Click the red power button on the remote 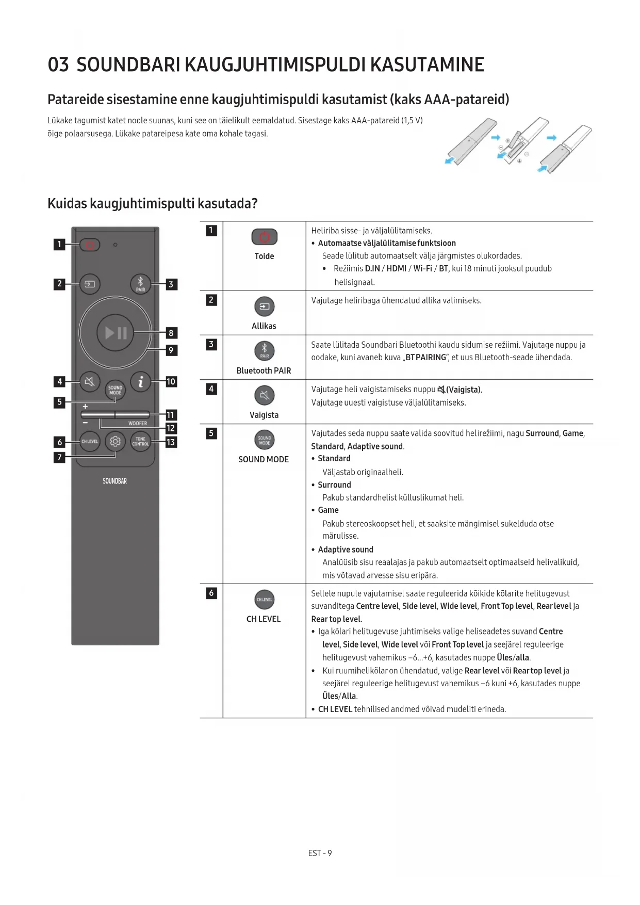(90, 245)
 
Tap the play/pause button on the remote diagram (116, 333)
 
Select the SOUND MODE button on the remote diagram (115, 390)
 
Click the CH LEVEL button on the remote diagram (90, 442)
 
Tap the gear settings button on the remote (115, 442)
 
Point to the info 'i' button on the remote (140, 382)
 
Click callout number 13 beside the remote (171, 442)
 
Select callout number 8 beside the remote (171, 333)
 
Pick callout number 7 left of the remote (59, 457)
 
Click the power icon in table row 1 (264, 237)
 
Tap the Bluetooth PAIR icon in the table (264, 351)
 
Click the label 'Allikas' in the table (264, 326)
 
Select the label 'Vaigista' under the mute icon (264, 415)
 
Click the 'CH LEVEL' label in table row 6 (264, 619)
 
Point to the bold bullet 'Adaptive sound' (346, 550)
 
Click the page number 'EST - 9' (320, 853)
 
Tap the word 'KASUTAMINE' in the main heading (427, 65)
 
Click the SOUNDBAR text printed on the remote (114, 481)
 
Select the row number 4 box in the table (211, 389)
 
